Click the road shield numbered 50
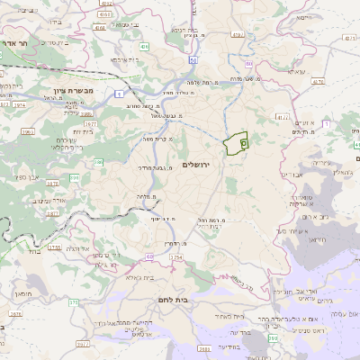point(193,60)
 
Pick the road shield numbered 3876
point(16,314)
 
